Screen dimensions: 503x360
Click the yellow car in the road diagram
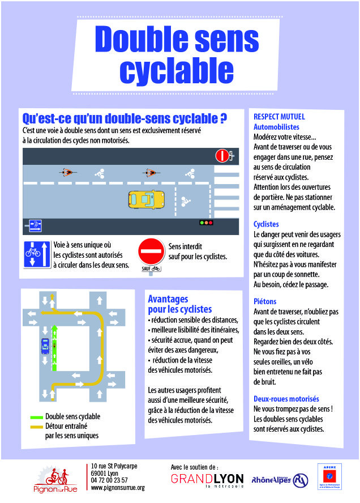pos(145,199)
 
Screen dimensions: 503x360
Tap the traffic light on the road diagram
pos(206,223)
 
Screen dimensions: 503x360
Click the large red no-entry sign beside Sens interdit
pos(151,250)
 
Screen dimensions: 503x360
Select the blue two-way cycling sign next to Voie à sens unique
pos(37,253)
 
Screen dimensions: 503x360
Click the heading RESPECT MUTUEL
pos(279,117)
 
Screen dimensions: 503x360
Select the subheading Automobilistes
pos(276,127)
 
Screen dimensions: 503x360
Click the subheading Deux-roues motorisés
pos(286,399)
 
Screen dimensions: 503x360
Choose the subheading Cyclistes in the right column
pos(267,224)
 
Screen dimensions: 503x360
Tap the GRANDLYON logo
pos(208,479)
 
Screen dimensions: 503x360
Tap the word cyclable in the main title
pos(177,70)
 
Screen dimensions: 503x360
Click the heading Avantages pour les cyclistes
pos(179,304)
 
